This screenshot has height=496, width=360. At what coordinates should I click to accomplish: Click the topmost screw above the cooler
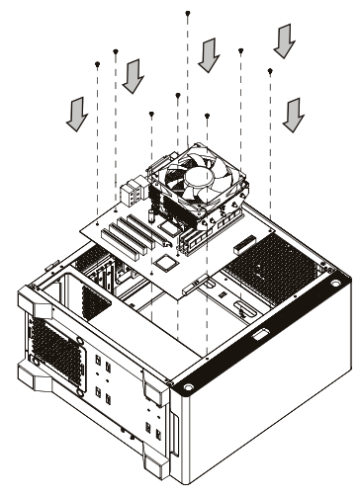[189, 13]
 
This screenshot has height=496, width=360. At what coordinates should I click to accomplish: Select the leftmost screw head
[98, 63]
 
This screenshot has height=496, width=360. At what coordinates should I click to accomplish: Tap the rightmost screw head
[270, 70]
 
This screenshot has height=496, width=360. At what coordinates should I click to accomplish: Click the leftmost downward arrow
[74, 117]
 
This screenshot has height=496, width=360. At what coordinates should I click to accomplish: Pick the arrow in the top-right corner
[286, 41]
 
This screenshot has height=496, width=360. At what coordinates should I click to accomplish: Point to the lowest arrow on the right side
[291, 114]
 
